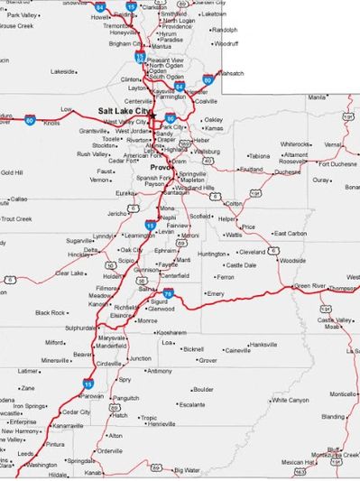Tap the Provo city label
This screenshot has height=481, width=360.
pyautogui.click(x=161, y=167)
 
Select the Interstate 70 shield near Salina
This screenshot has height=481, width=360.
pyautogui.click(x=168, y=293)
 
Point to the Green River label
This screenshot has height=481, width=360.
pyautogui.click(x=309, y=286)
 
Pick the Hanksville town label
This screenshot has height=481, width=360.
pyautogui.click(x=263, y=344)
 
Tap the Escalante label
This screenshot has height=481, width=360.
pyautogui.click(x=192, y=404)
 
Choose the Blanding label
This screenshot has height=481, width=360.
pyautogui.click(x=332, y=416)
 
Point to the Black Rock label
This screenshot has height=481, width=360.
pyautogui.click(x=50, y=312)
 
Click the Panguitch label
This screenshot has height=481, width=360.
pyautogui.click(x=125, y=397)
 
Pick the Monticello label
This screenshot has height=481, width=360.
pyautogui.click(x=342, y=393)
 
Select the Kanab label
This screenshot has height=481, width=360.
pyautogui.click(x=93, y=472)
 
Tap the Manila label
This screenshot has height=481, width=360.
pyautogui.click(x=317, y=97)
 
